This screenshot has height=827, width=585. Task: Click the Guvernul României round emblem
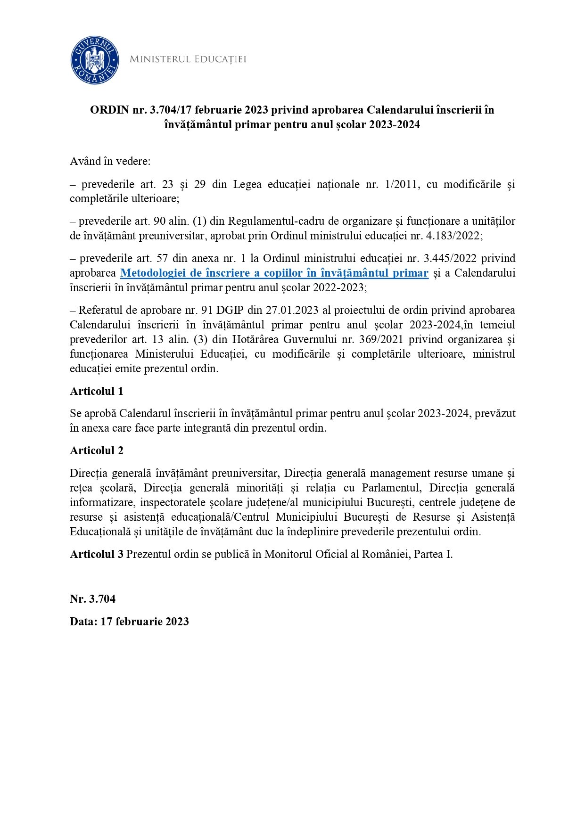[94, 60]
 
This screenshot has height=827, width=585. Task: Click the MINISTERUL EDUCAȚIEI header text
[188, 59]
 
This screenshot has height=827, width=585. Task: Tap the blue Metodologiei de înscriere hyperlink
[274, 273]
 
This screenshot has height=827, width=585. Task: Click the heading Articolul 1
[97, 391]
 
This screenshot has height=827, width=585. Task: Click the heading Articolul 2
[97, 450]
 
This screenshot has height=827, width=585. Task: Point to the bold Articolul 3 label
[97, 554]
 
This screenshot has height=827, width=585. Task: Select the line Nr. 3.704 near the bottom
[93, 599]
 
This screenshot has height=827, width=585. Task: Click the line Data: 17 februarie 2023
[129, 622]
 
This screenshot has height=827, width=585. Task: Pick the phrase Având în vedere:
[110, 161]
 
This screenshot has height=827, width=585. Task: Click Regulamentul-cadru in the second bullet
[268, 221]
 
